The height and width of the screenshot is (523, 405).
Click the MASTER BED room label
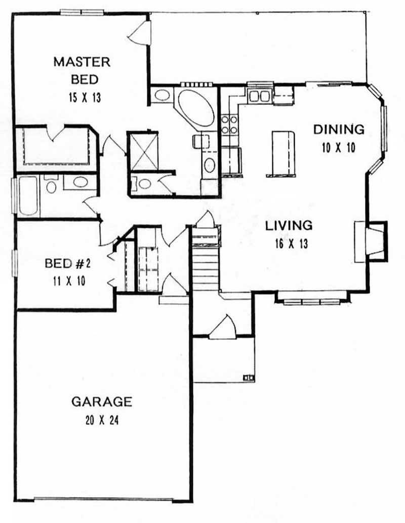(82, 70)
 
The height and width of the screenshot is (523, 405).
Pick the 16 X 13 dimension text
(289, 244)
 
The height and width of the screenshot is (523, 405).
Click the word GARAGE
(101, 402)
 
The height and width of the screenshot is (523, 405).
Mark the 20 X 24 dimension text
(101, 420)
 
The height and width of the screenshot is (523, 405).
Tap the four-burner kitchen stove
(229, 125)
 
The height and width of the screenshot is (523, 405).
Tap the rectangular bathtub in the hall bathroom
(28, 196)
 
